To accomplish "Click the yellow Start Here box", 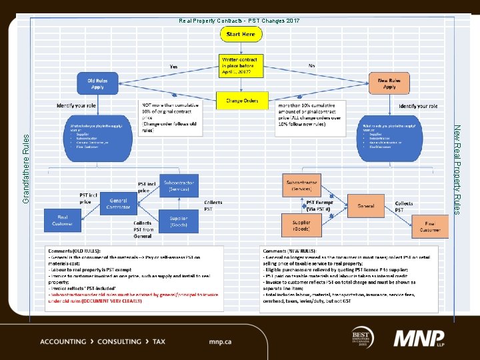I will tap(241, 34).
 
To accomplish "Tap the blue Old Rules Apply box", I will tap(97, 83).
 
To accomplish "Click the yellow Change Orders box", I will tap(241, 101).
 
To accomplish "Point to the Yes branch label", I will tap(173, 67).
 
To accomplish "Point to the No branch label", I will tap(312, 66).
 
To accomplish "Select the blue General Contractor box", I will tap(118, 203).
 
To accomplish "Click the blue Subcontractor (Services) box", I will tap(179, 186).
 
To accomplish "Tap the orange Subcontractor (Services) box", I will tap(302, 185).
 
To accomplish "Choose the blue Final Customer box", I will tap(61, 220).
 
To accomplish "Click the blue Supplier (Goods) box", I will tap(178, 221).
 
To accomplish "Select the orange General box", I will tap(365, 205).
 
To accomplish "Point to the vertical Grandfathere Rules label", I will tap(25, 168).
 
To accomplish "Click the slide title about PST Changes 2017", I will tap(239, 21).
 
